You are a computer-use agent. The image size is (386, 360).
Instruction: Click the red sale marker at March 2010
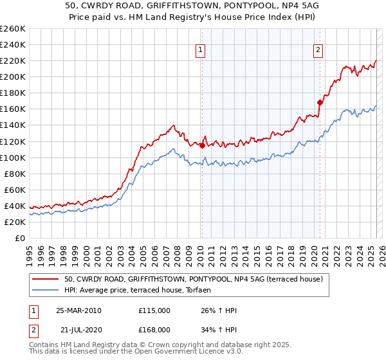pyautogui.click(x=202, y=145)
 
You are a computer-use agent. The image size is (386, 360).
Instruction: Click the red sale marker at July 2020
pyautogui.click(x=319, y=102)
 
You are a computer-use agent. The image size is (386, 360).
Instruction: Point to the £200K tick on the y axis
pyautogui.click(x=13, y=76)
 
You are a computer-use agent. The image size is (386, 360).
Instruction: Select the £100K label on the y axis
pyautogui.click(x=13, y=157)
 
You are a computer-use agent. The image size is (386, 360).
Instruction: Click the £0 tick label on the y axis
pyautogui.click(x=19, y=238)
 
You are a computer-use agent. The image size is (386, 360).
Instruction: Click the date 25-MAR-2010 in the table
pyautogui.click(x=78, y=310)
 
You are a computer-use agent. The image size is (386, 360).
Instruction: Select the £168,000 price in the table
pyautogui.click(x=154, y=329)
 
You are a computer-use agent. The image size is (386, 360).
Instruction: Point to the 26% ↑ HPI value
pyautogui.click(x=219, y=310)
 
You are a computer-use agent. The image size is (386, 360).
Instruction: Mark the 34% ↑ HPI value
pyautogui.click(x=219, y=329)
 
